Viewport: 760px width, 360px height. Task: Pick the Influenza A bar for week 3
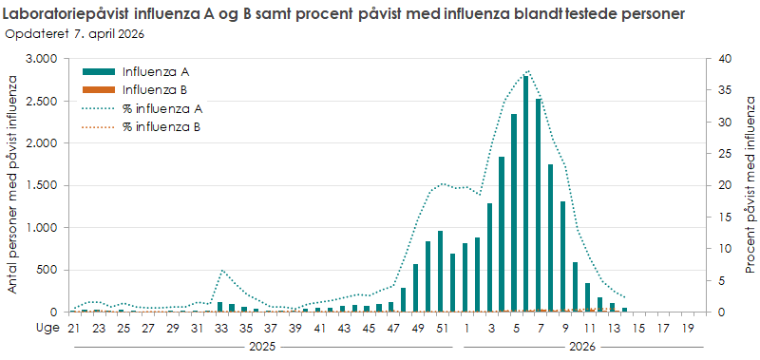pyautogui.click(x=489, y=257)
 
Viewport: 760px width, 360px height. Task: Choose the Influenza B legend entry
pyautogui.click(x=156, y=89)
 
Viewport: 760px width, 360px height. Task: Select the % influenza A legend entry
pyautogui.click(x=161, y=108)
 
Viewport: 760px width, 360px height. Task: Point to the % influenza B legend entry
pyautogui.click(x=161, y=126)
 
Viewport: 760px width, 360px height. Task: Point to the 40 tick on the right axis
pyautogui.click(x=725, y=59)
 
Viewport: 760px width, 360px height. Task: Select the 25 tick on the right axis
pyautogui.click(x=725, y=154)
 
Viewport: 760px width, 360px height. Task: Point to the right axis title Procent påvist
pyautogui.click(x=750, y=185)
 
